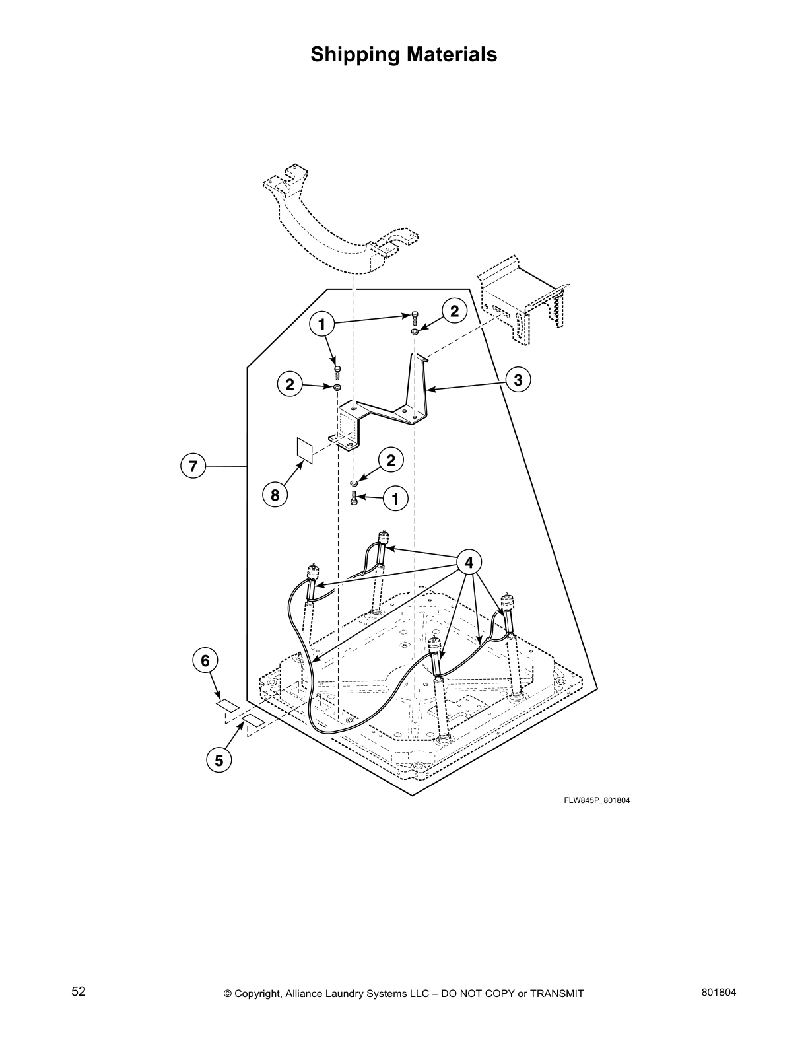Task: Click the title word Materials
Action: pos(447,54)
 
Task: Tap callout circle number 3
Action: pos(518,380)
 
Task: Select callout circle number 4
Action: pos(469,563)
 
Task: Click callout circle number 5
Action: pos(219,760)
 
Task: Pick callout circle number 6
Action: pos(205,660)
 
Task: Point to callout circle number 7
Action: pos(193,466)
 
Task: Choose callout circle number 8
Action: pos(275,495)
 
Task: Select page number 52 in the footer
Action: pos(79,991)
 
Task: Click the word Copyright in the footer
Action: pos(258,993)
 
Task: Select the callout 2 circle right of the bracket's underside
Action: pos(391,460)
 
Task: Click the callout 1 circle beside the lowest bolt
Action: pos(396,499)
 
